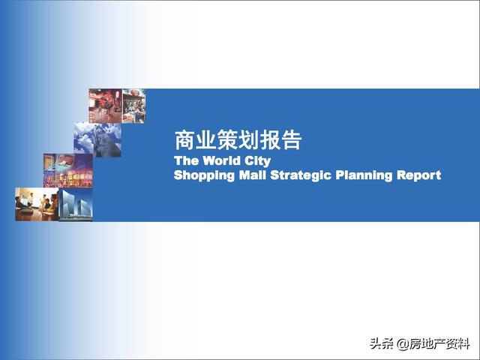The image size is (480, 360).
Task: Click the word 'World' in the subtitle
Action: pyautogui.click(x=222, y=160)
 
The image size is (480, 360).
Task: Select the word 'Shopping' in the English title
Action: pyautogui.click(x=204, y=175)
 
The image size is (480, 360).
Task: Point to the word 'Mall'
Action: pyautogui.click(x=252, y=175)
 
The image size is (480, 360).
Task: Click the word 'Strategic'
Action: pyautogui.click(x=301, y=175)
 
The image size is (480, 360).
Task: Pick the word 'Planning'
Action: pyautogui.click(x=364, y=175)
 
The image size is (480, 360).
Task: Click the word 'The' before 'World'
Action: pyautogui.click(x=187, y=160)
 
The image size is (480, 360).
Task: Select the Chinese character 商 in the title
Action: pyautogui.click(x=185, y=140)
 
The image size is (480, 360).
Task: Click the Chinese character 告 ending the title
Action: pyautogui.click(x=292, y=140)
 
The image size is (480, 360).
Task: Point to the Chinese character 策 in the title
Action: pyautogui.click(x=227, y=140)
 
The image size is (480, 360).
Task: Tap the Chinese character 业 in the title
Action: pyautogui.click(x=206, y=140)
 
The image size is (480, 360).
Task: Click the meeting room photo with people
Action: pyautogui.click(x=37, y=204)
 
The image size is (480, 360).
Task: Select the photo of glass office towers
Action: pyautogui.click(x=76, y=204)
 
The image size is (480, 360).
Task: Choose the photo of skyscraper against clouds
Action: pyautogui.click(x=97, y=140)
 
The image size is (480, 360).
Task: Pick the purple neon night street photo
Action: pyautogui.click(x=68, y=170)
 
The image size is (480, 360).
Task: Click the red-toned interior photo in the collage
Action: pyautogui.click(x=105, y=106)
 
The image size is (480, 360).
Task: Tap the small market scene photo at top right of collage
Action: pyautogui.click(x=133, y=106)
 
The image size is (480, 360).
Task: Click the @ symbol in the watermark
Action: pyautogui.click(x=402, y=344)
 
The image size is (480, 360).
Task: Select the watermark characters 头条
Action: pyautogui.click(x=382, y=343)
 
